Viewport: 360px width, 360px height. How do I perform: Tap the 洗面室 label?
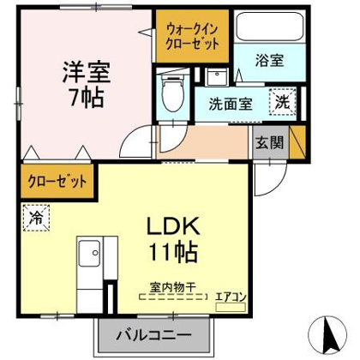point(230,105)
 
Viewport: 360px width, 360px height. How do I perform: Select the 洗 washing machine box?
point(280,100)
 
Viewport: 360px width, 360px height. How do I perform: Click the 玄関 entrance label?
point(267,141)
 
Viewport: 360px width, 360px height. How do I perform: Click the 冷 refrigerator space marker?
point(35,217)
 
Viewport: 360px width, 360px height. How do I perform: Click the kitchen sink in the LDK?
point(89,255)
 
